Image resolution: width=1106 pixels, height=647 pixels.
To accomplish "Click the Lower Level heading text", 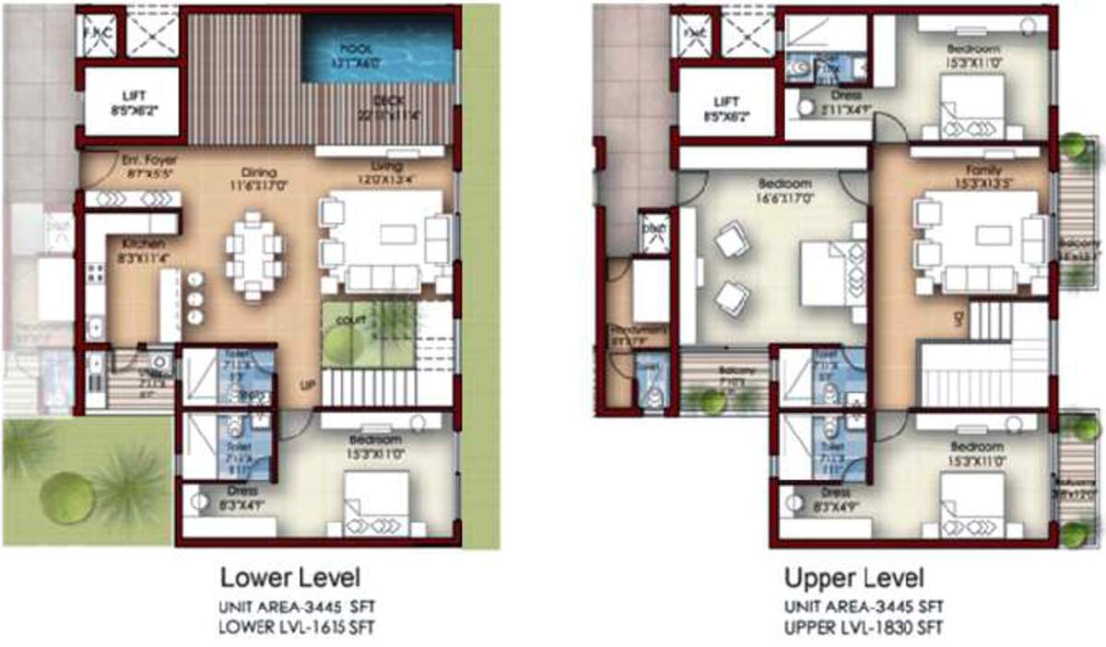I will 289,579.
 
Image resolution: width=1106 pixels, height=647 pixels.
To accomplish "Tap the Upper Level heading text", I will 853,579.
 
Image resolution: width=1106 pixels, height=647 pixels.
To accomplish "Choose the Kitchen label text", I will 143,242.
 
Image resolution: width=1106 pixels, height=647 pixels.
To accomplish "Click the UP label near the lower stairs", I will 308,385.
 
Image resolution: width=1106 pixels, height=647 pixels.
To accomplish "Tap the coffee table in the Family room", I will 980,235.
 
